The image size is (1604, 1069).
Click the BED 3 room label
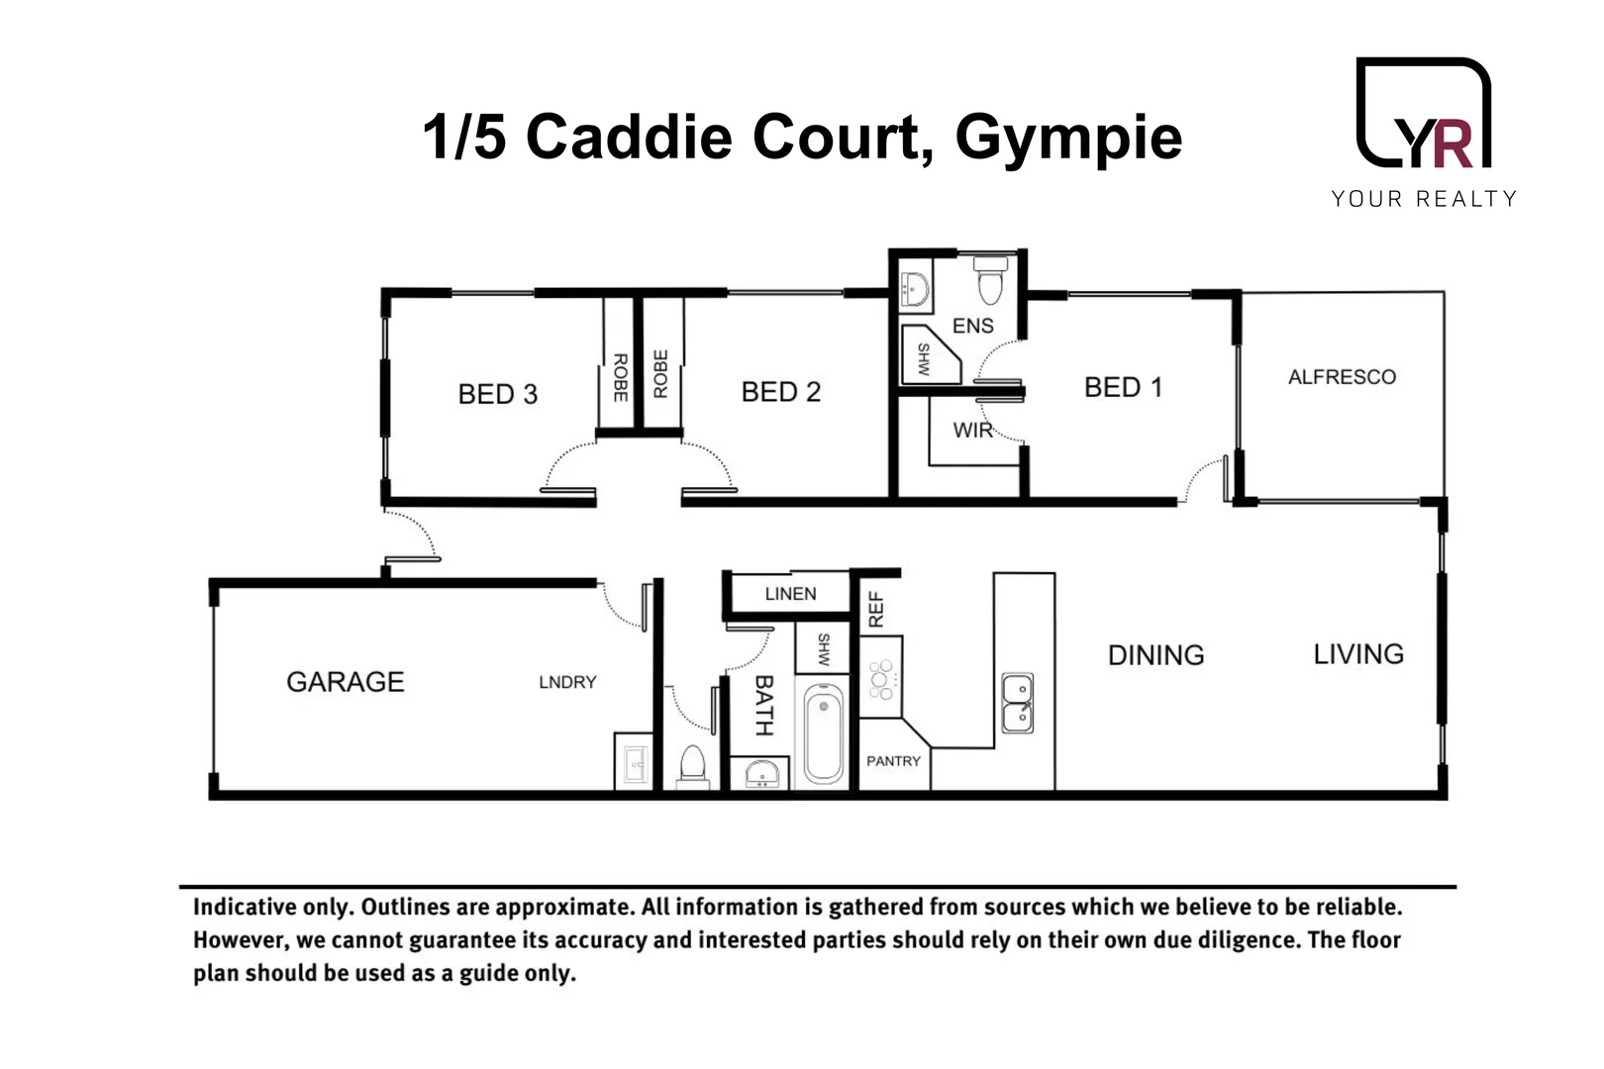click(497, 394)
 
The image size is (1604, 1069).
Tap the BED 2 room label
click(780, 392)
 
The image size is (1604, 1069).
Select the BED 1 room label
click(1122, 387)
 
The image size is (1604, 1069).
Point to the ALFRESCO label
click(1342, 377)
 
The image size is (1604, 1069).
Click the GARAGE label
click(345, 682)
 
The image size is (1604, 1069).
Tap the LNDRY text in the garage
click(567, 682)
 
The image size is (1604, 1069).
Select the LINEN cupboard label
click(790, 594)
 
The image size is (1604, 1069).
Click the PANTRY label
click(893, 761)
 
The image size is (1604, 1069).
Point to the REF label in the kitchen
click(875, 610)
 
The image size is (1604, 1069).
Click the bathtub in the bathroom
click(823, 736)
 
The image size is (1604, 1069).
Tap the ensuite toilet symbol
click(990, 280)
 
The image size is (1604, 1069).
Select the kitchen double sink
click(1017, 703)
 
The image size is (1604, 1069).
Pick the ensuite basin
click(914, 288)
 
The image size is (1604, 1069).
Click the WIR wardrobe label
click(972, 431)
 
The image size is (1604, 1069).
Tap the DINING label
click(1155, 655)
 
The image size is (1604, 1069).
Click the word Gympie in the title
click(1068, 137)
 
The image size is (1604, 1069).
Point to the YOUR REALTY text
click(1423, 199)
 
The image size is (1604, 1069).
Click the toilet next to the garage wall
click(692, 766)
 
